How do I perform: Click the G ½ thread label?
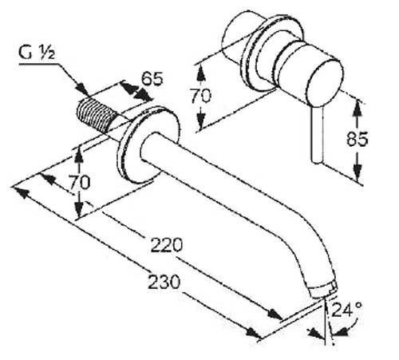(37, 53)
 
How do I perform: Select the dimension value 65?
(152, 79)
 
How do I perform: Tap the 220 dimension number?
(167, 245)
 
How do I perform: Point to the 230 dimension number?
(164, 282)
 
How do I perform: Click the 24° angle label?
(346, 310)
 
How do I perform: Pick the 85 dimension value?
(358, 138)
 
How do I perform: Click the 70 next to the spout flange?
(80, 182)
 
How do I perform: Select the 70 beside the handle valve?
(200, 96)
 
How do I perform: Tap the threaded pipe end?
(97, 114)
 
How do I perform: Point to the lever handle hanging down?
(318, 134)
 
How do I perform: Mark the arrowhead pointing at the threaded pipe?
(82, 89)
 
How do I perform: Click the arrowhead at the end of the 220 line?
(275, 314)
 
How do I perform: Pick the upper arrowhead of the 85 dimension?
(358, 108)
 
